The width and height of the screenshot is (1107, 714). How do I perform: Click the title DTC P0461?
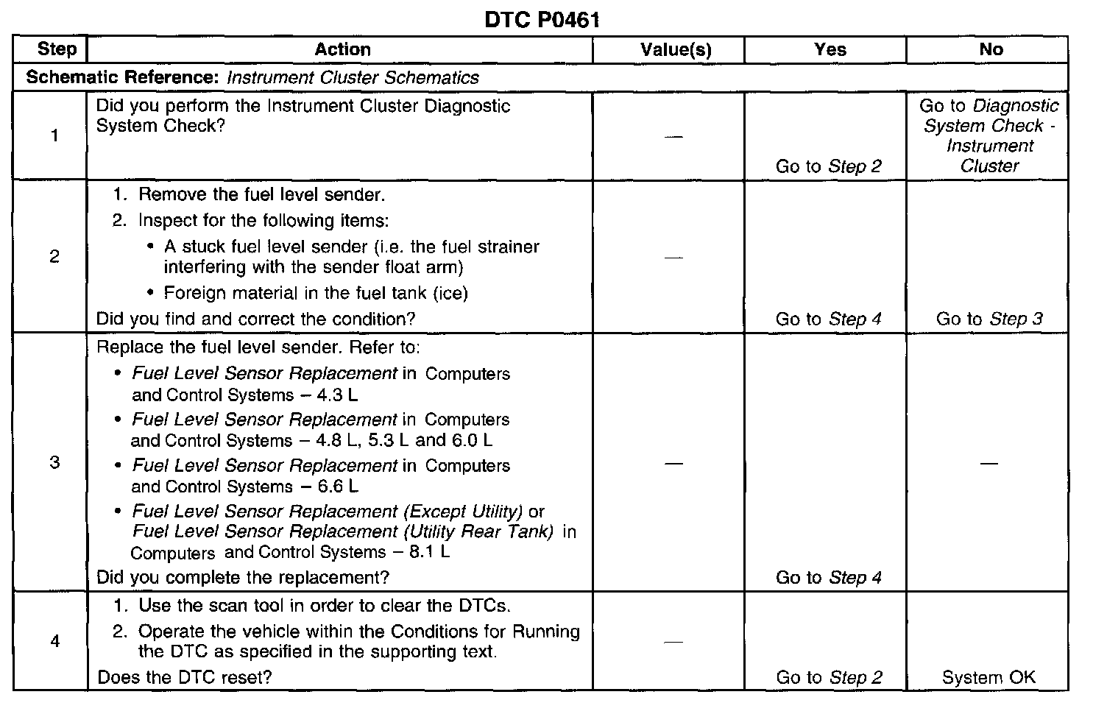tap(542, 20)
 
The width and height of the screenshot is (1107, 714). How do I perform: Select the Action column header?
tap(342, 49)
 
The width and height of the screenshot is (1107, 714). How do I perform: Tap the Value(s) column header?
tap(676, 49)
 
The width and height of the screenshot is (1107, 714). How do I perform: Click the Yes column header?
tap(830, 49)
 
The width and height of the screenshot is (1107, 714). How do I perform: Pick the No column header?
tap(991, 49)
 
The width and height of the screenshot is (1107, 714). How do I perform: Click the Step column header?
tap(56, 49)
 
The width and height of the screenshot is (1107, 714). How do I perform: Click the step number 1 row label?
tap(54, 135)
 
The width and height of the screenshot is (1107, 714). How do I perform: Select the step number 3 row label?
tap(54, 463)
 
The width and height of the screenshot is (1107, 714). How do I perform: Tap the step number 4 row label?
tap(54, 641)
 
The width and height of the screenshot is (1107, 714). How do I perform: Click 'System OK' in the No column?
tap(988, 677)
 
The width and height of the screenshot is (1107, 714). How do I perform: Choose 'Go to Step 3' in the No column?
tap(988, 319)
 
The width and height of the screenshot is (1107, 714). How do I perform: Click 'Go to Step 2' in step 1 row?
tap(828, 166)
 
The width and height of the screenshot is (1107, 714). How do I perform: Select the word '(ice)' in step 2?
tap(450, 293)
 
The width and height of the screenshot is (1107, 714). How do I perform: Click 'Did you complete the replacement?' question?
tap(243, 578)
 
